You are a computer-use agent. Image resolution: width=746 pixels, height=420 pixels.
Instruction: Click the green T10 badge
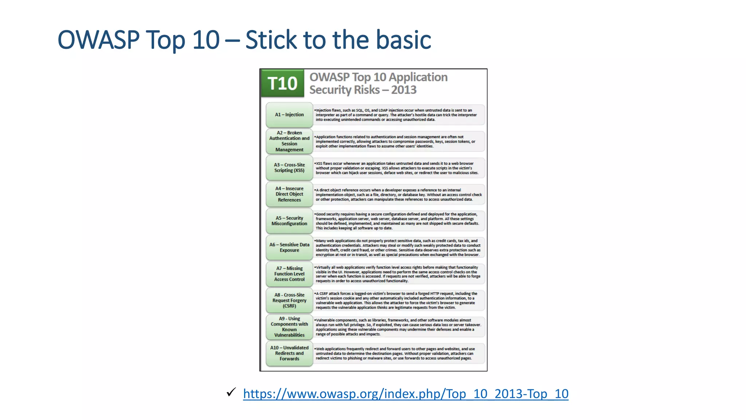click(x=282, y=83)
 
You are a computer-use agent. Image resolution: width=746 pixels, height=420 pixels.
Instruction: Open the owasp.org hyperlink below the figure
click(x=405, y=394)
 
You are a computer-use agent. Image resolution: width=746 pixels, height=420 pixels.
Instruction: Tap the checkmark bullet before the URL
click(x=231, y=392)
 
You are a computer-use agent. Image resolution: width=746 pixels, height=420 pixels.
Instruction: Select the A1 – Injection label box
click(x=289, y=115)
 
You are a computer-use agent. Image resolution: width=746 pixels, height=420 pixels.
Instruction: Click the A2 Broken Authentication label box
click(x=289, y=141)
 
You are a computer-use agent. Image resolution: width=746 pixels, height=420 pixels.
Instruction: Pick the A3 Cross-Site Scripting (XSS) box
click(x=289, y=168)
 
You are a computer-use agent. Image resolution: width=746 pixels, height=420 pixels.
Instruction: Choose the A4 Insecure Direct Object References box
click(x=289, y=194)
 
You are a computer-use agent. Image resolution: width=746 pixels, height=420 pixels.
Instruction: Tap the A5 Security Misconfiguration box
click(x=289, y=221)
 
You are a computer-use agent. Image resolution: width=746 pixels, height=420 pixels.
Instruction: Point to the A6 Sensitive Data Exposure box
click(x=289, y=248)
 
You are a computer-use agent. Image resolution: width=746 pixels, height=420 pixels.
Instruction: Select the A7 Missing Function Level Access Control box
click(x=289, y=274)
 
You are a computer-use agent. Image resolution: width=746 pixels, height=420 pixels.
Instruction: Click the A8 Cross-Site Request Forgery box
click(x=289, y=300)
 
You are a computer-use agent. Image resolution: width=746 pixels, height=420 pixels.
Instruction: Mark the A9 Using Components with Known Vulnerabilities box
click(x=289, y=327)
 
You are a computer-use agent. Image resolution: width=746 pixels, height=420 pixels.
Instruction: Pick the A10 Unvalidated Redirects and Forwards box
click(x=289, y=353)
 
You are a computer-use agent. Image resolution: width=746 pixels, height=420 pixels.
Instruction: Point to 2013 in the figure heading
click(x=404, y=90)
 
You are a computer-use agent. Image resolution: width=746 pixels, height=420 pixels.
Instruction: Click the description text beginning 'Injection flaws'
click(x=396, y=115)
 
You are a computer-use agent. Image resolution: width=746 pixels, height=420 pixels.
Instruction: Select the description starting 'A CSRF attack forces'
click(x=396, y=300)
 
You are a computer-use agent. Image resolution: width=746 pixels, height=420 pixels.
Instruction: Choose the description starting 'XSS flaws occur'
click(x=396, y=168)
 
